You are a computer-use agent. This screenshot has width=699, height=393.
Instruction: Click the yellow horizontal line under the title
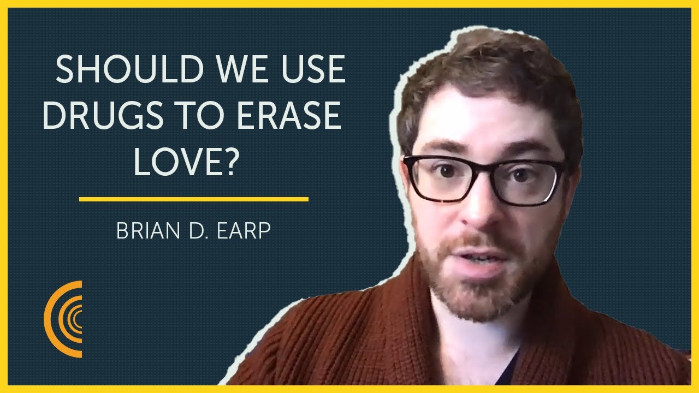(194, 199)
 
